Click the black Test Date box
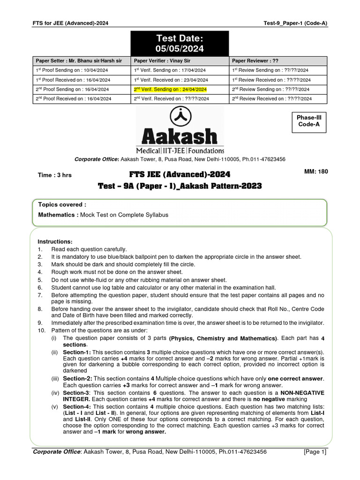[180, 43]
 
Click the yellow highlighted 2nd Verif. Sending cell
[170, 89]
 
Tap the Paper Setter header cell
[79, 61]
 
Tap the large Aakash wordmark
[180, 136]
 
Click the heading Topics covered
[62, 205]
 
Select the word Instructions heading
[55, 241]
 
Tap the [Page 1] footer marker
[315, 452]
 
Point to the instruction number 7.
[40, 295]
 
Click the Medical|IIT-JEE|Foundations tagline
[180, 150]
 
